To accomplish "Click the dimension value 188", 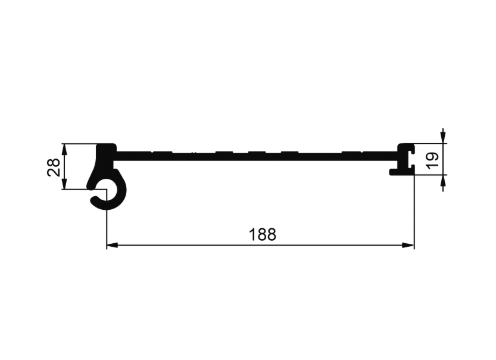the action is click(x=262, y=235).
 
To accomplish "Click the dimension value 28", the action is click(x=54, y=167).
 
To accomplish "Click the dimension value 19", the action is click(x=433, y=160).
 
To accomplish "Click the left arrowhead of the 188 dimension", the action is click(x=113, y=245).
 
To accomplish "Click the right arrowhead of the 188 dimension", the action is click(x=408, y=245).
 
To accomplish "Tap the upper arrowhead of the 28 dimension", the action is click(x=64, y=150).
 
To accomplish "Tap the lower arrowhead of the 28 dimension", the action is click(x=64, y=184).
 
